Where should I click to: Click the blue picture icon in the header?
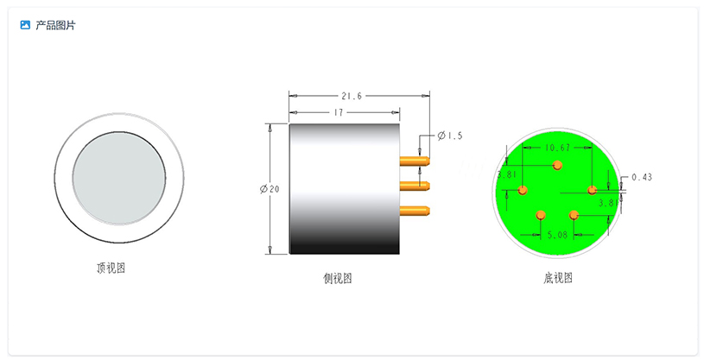(x=25, y=25)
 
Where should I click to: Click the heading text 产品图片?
(x=55, y=25)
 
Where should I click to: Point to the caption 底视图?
(x=558, y=277)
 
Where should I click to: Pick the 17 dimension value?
(x=339, y=113)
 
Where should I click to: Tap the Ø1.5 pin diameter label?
(x=450, y=136)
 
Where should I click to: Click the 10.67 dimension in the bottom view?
(x=557, y=148)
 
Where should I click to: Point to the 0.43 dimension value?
(x=642, y=177)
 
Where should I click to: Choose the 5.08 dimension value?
(x=557, y=233)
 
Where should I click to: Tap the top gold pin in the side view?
(x=415, y=160)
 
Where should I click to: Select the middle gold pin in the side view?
(x=415, y=185)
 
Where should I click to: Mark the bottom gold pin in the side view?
(x=415, y=209)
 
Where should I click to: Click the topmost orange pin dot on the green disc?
(x=557, y=164)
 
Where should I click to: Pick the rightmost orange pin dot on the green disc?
(x=592, y=190)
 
